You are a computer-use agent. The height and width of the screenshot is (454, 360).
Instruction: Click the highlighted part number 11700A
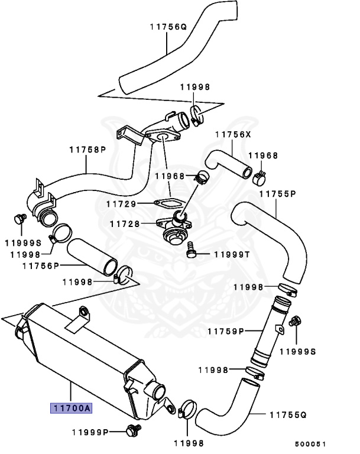coord(71,408)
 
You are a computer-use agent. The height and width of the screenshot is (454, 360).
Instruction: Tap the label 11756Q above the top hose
coord(168,27)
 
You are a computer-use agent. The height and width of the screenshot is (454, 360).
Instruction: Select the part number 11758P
coord(87,150)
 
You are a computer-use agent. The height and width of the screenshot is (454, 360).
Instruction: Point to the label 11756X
coord(233,135)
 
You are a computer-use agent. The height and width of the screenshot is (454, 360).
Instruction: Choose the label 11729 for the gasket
coord(122,203)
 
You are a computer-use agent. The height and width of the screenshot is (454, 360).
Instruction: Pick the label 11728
coord(125,224)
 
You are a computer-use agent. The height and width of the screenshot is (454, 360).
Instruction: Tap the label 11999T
coord(232,254)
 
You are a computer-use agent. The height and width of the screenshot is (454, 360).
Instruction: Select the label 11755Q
coord(287,414)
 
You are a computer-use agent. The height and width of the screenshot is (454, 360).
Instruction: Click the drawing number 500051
coord(310,444)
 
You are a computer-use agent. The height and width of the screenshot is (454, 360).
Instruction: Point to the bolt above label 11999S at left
coord(20,219)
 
